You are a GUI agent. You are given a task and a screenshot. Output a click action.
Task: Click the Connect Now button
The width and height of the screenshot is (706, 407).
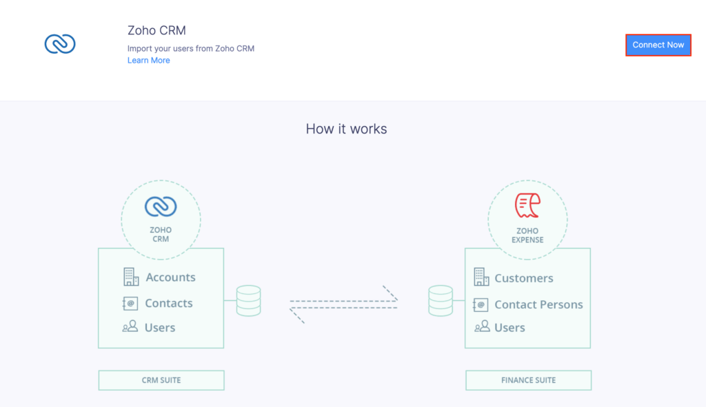coord(658,45)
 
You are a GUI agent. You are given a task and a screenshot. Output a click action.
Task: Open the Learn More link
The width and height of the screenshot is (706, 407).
coord(149,61)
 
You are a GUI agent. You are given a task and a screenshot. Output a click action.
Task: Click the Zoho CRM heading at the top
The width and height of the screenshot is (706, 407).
coord(157,30)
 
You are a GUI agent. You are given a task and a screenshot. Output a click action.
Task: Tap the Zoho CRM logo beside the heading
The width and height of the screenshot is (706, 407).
coord(60,43)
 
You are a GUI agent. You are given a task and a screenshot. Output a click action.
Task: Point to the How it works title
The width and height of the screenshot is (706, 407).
coord(346,129)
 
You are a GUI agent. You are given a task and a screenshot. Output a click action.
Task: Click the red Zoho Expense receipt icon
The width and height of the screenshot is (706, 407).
coord(527,205)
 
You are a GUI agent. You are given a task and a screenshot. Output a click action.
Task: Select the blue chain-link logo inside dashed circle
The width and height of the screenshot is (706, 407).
coord(161,207)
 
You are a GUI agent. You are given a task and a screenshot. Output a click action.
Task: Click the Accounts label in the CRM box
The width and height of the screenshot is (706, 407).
coord(171,277)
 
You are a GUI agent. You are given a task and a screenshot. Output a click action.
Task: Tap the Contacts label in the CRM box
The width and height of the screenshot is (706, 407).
coord(169,303)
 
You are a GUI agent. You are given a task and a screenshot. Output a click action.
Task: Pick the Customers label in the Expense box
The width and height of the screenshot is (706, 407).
coord(524,278)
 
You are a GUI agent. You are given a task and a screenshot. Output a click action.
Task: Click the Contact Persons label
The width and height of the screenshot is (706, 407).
coord(539,304)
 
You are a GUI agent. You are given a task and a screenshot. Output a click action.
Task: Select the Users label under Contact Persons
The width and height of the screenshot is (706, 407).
coord(510,327)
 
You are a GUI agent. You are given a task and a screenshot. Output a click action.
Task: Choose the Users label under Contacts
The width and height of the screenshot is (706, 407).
coord(160,327)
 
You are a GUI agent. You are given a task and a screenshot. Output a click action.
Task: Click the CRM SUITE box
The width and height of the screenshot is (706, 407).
coord(161,380)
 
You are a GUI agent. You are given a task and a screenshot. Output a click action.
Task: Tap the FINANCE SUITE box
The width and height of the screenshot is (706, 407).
coord(529,380)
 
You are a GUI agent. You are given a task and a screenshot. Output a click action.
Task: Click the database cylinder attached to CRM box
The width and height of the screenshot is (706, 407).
coord(248,300)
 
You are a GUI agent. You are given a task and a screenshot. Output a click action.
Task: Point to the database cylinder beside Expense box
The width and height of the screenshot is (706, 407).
coord(441,300)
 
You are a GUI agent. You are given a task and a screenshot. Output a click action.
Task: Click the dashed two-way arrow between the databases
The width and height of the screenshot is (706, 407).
coord(343,304)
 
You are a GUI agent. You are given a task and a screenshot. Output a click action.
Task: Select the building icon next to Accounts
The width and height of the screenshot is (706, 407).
coord(131,277)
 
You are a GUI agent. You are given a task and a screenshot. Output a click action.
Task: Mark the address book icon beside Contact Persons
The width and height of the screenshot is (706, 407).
coord(481,304)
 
